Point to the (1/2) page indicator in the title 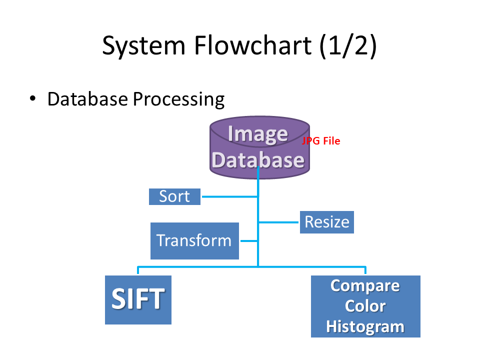point(348,46)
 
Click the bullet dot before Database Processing point(33,98)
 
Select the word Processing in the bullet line point(178,99)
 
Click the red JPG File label point(320,141)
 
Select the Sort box point(174,196)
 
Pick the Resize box point(326,222)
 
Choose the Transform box point(194,240)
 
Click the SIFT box point(138,299)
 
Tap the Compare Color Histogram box point(365,306)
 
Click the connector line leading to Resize point(279,221)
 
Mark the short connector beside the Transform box point(248,241)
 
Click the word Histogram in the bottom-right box point(365,326)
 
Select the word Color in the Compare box point(365,306)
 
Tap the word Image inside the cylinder point(257,133)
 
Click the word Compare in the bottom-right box point(365,285)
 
